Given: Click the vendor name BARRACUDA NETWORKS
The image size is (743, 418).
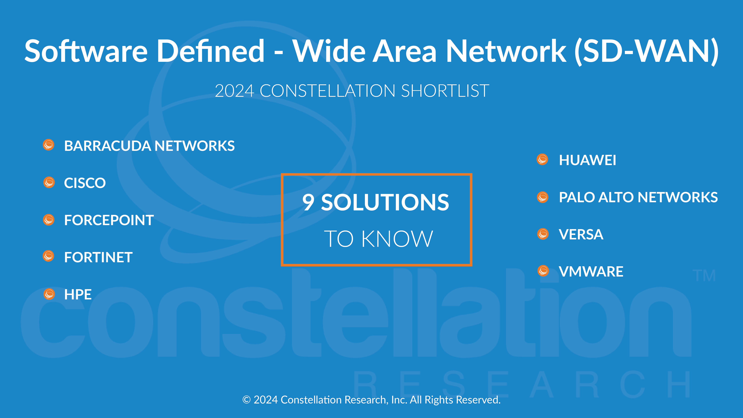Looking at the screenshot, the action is tap(149, 146).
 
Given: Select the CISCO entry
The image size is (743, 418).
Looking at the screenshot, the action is tap(85, 183).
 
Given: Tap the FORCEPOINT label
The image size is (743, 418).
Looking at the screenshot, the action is tap(109, 220).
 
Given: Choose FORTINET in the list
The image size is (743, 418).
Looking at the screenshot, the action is tap(98, 257).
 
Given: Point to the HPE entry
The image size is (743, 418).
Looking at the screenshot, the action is tap(78, 295).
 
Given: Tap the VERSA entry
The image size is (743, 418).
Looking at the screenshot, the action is tap(581, 234).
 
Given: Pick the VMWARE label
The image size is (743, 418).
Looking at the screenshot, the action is tap(591, 271).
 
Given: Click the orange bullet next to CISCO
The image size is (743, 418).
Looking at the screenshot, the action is tap(49, 182).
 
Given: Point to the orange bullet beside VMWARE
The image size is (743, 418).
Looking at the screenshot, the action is tap(543, 271).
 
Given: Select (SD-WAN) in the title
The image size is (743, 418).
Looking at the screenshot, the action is tap(646, 51).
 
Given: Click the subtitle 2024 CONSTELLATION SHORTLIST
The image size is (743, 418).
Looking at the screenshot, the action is tap(352, 91).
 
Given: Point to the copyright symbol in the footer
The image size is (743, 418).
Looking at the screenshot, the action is tap(246, 400).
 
